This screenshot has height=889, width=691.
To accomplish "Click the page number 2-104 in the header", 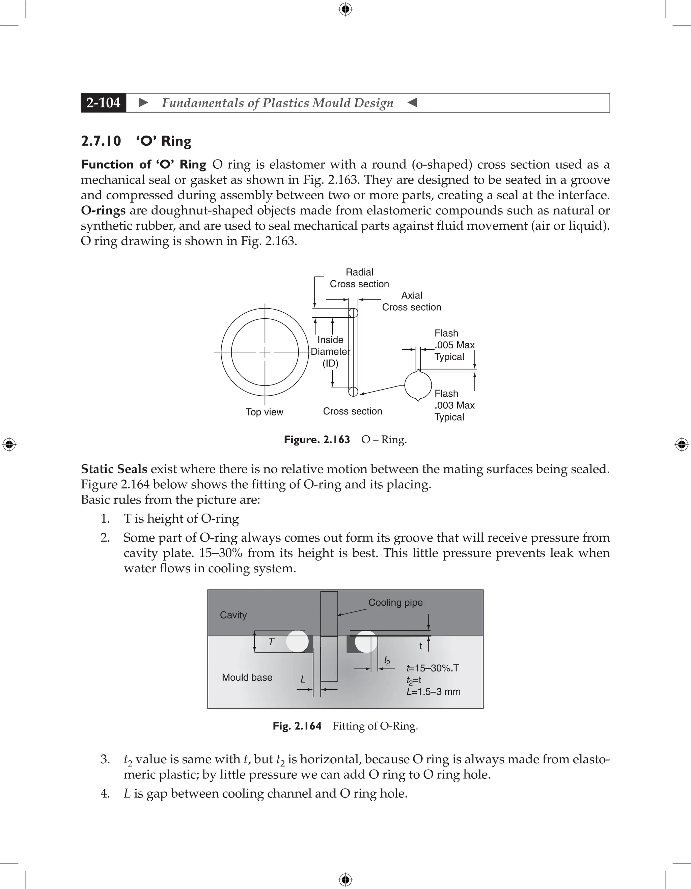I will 104,103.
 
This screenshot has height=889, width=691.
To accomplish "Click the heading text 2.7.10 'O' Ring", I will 136,141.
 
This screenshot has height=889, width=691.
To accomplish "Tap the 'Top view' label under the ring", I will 264,412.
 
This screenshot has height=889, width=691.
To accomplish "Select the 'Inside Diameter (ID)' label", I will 330,351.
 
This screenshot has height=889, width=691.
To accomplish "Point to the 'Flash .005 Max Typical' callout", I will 454,345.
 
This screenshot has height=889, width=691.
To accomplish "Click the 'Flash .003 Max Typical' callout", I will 454,405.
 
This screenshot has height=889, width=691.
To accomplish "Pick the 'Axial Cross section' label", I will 411,301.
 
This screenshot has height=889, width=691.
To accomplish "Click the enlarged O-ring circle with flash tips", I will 418,385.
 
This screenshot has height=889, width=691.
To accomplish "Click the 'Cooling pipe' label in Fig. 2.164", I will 395,602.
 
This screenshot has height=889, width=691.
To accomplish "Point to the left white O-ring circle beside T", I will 297,641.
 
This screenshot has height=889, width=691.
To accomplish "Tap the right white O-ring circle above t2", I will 366,641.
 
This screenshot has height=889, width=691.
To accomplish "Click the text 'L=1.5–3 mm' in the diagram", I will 433,692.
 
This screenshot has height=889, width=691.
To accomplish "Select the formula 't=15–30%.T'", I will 433,668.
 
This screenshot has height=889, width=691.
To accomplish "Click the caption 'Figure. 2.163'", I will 317,440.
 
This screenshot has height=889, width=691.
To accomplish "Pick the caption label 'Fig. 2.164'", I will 297,726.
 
